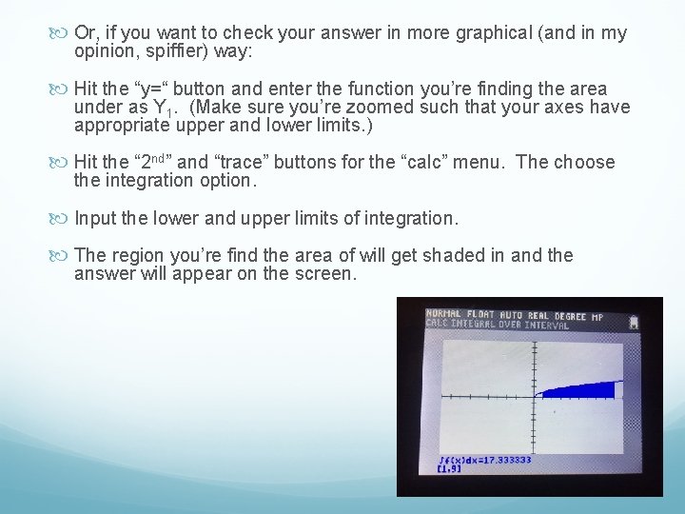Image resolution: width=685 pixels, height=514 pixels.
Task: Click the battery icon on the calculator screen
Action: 634,322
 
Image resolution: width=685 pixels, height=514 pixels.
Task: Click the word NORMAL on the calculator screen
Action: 442,313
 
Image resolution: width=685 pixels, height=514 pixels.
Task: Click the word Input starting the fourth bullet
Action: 95,218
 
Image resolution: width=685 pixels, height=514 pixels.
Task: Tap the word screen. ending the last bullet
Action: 326,274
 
